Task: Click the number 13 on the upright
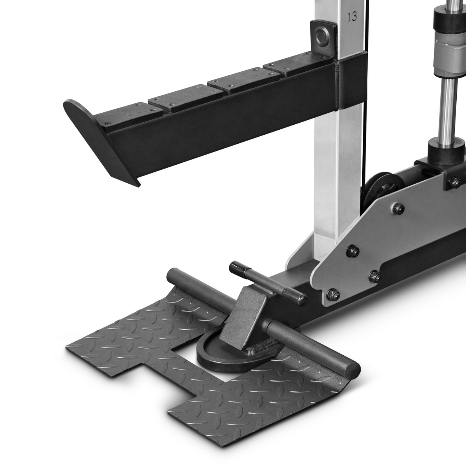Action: (352, 17)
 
